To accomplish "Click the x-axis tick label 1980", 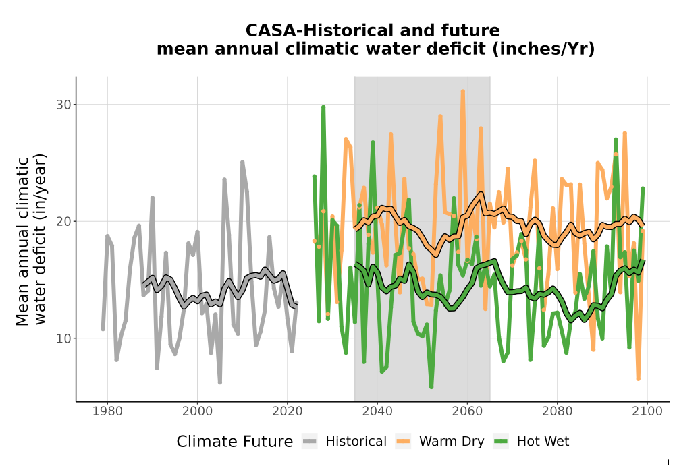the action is pyautogui.click(x=107, y=411).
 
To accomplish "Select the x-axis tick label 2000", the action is pyautogui.click(x=197, y=411).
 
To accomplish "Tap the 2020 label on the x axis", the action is pyautogui.click(x=287, y=411).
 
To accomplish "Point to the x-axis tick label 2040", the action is pyautogui.click(x=377, y=411).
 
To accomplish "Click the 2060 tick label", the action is pyautogui.click(x=467, y=411).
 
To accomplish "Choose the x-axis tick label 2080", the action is pyautogui.click(x=557, y=411).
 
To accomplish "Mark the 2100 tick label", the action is pyautogui.click(x=647, y=411).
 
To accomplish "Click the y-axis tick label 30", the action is pyautogui.click(x=63, y=105).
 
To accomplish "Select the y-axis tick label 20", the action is pyautogui.click(x=63, y=221).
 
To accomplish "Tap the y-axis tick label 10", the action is pyautogui.click(x=63, y=338).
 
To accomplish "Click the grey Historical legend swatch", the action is pyautogui.click(x=310, y=442).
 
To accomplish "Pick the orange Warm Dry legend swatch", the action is pyautogui.click(x=403, y=442).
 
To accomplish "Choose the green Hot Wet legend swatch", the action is pyautogui.click(x=501, y=442).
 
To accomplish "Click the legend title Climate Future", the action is pyautogui.click(x=235, y=442).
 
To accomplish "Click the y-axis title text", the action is pyautogui.click(x=31, y=240).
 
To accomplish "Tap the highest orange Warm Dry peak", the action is pyautogui.click(x=463, y=92).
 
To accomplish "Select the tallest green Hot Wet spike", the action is pyautogui.click(x=323, y=107).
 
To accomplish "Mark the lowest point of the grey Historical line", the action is pyautogui.click(x=219, y=382).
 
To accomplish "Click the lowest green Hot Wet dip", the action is pyautogui.click(x=431, y=387).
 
